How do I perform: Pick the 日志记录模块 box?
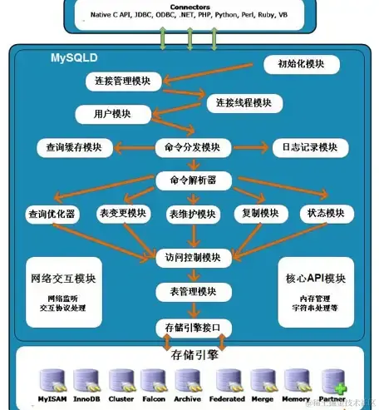306,147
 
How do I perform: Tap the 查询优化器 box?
52,214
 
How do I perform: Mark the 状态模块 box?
323,213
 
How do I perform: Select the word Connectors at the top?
189,6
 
